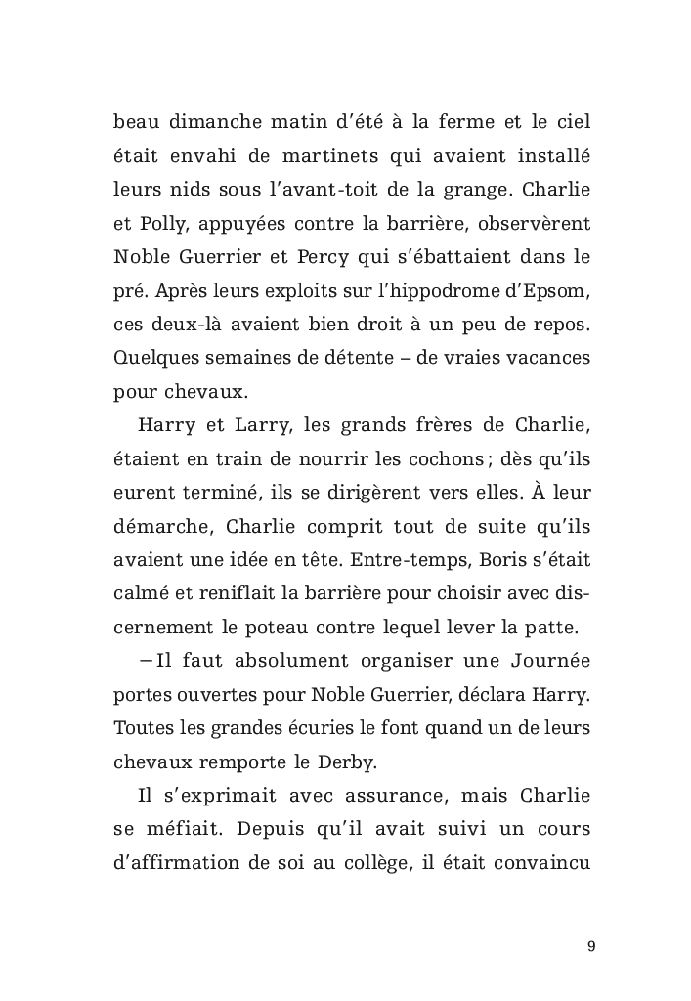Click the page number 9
click(x=591, y=946)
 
